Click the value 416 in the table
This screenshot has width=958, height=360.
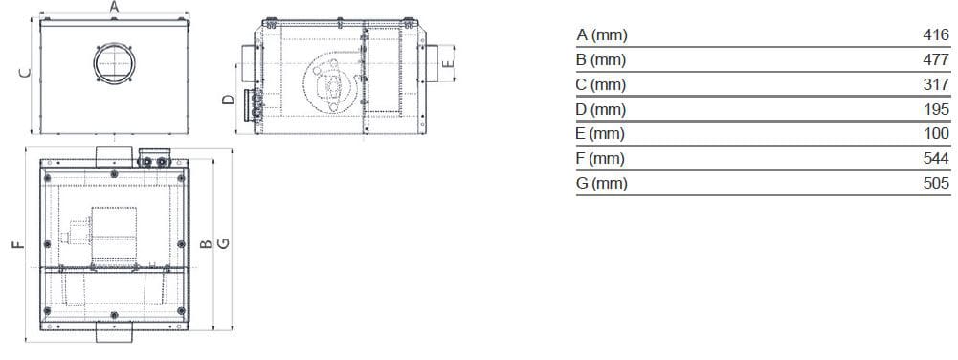click(x=936, y=35)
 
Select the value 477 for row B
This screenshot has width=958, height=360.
click(x=936, y=60)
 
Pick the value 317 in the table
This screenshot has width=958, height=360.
click(x=936, y=84)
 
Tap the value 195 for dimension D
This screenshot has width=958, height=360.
click(x=936, y=109)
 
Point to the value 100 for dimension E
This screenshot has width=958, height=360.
click(x=936, y=134)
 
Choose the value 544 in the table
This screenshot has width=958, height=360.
click(x=936, y=158)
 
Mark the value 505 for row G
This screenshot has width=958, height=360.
click(x=936, y=183)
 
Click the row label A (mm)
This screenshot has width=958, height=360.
click(x=601, y=35)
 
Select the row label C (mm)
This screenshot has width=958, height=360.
click(x=601, y=84)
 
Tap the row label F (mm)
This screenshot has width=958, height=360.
click(x=601, y=158)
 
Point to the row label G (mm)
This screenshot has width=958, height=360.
click(x=602, y=183)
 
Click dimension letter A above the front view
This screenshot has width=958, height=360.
click(x=114, y=7)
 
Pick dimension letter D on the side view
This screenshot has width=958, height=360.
click(x=228, y=100)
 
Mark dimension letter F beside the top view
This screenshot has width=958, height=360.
click(x=16, y=246)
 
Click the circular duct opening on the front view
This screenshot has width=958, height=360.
click(x=116, y=63)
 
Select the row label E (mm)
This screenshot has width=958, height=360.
click(x=601, y=134)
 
